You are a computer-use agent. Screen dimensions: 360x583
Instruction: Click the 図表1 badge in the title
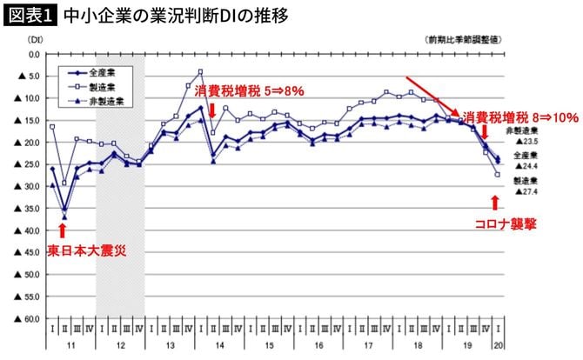click(x=30, y=16)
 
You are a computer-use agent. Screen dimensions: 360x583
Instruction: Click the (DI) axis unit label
click(x=36, y=41)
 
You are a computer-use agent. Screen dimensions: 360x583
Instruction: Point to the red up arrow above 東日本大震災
click(x=62, y=230)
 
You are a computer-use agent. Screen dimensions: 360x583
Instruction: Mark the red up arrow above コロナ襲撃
click(x=495, y=203)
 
